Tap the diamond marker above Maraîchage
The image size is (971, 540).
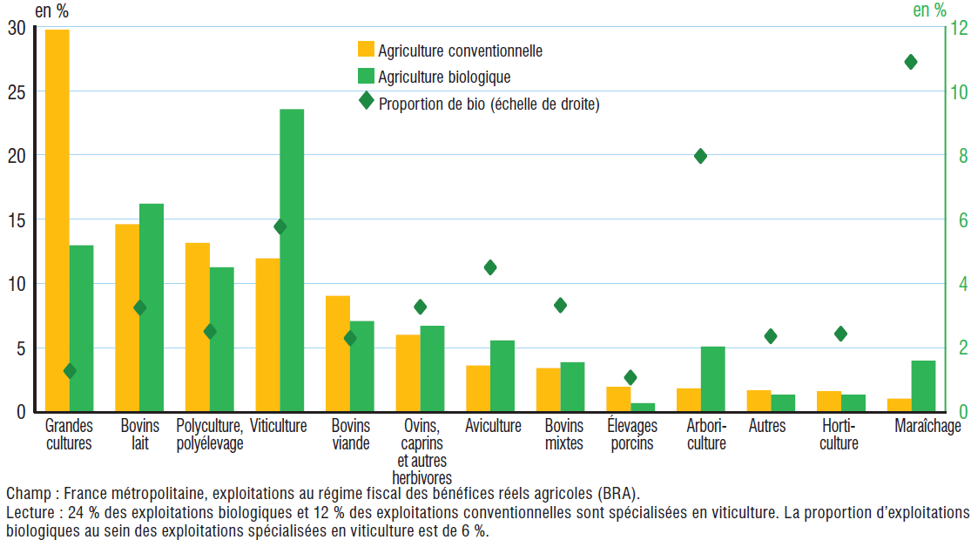(x=911, y=62)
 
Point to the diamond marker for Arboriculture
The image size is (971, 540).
(x=700, y=156)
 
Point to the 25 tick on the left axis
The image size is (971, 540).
(x=17, y=91)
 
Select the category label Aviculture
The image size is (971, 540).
(x=493, y=426)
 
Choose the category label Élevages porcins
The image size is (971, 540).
(x=630, y=434)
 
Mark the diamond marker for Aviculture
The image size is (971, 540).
(x=490, y=267)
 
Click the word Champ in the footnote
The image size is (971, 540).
(x=24, y=492)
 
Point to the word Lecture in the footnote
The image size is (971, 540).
(x=28, y=512)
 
